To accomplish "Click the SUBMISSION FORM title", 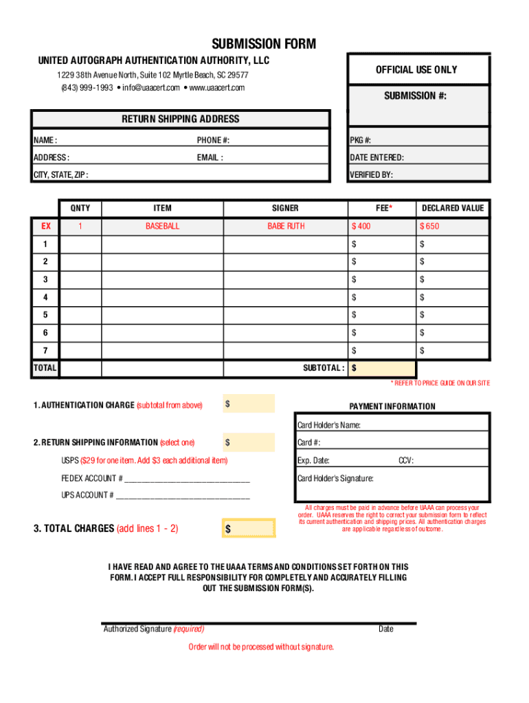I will pos(264,45).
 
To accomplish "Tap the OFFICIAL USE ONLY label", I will pos(416,69).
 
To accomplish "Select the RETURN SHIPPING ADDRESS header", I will pos(181,119).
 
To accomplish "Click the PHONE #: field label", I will pos(213,140).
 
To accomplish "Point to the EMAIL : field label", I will pos(210,157).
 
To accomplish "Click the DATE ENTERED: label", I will pos(376,157).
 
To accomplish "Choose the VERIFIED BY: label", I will pos(371,174).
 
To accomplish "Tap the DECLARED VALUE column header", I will pos(453,208).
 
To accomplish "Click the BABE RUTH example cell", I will pos(286,226).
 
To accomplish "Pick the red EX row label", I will pos(45,226).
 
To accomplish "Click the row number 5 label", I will pos(45,314).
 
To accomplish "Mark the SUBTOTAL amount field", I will pos(382,368).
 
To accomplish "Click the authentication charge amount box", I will pos(249,404).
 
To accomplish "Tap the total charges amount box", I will pos(249,529).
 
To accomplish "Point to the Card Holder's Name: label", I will pos(328,425).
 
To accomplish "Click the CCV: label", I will pos(406,461).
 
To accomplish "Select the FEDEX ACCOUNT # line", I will pos(155,478).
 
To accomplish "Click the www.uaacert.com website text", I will pos(216,88).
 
